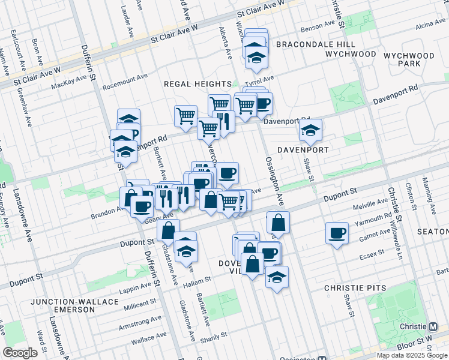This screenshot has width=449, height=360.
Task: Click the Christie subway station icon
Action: point(433,327)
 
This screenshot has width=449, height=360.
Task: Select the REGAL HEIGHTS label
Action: point(197,84)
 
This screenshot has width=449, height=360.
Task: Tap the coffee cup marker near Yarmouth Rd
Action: point(337,233)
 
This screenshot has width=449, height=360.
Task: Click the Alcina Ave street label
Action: point(430,25)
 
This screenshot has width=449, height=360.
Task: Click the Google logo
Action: point(20,353)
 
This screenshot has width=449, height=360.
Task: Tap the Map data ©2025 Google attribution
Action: point(411,355)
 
